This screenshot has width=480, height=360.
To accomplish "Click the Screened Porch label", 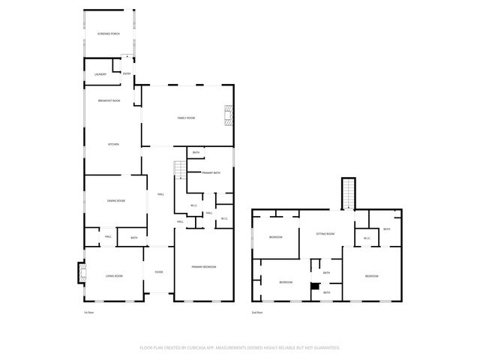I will (109, 34).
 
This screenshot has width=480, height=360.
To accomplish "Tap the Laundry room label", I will (100, 74).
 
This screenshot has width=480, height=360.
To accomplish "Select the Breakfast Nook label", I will (109, 100).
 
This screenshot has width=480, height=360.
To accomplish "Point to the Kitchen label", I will (113, 144).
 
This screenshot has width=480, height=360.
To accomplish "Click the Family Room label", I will (186, 118).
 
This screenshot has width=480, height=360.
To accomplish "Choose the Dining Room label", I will (115, 200).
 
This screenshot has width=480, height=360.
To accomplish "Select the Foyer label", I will (159, 271).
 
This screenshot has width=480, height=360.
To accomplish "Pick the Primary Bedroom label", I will (203, 267).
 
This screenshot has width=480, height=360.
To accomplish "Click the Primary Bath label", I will (211, 172).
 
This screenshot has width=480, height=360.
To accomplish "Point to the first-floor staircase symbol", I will (179, 170).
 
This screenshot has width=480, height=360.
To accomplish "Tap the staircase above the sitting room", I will (348, 193).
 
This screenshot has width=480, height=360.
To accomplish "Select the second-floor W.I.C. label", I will (367, 238).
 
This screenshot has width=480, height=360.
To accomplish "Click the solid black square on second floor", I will (316, 285).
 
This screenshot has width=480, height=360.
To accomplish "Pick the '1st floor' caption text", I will (88, 312).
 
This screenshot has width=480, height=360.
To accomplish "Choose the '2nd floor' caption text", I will (257, 312).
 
